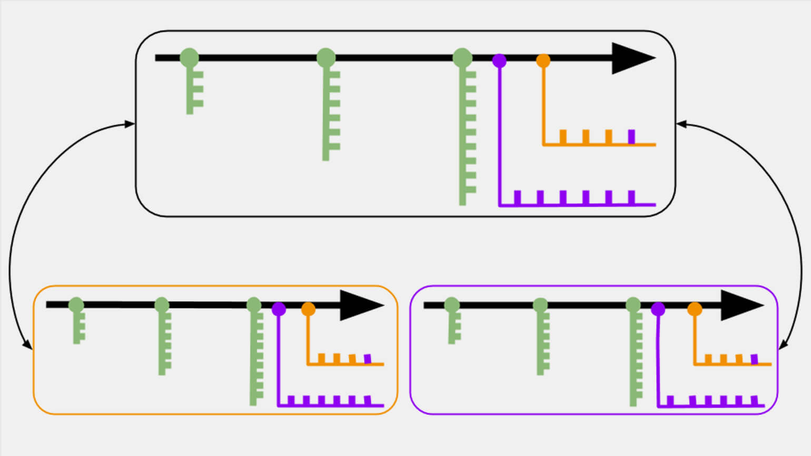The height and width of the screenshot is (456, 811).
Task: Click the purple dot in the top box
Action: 499,61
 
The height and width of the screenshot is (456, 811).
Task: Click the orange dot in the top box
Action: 543,61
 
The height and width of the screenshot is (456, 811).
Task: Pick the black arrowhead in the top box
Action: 631,58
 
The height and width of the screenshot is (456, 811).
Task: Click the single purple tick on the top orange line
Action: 631,136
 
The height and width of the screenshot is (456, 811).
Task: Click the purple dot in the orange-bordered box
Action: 279,309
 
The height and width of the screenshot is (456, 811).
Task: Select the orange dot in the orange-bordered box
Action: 308,309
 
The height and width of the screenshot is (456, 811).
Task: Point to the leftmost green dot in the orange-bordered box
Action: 76,304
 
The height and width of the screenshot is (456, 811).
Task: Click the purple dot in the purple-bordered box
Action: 658,309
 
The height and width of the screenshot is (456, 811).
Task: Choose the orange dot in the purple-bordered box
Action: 695,309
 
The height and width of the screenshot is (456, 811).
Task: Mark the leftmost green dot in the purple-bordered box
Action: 452,304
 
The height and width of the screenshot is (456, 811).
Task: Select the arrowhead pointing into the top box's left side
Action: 130,124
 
